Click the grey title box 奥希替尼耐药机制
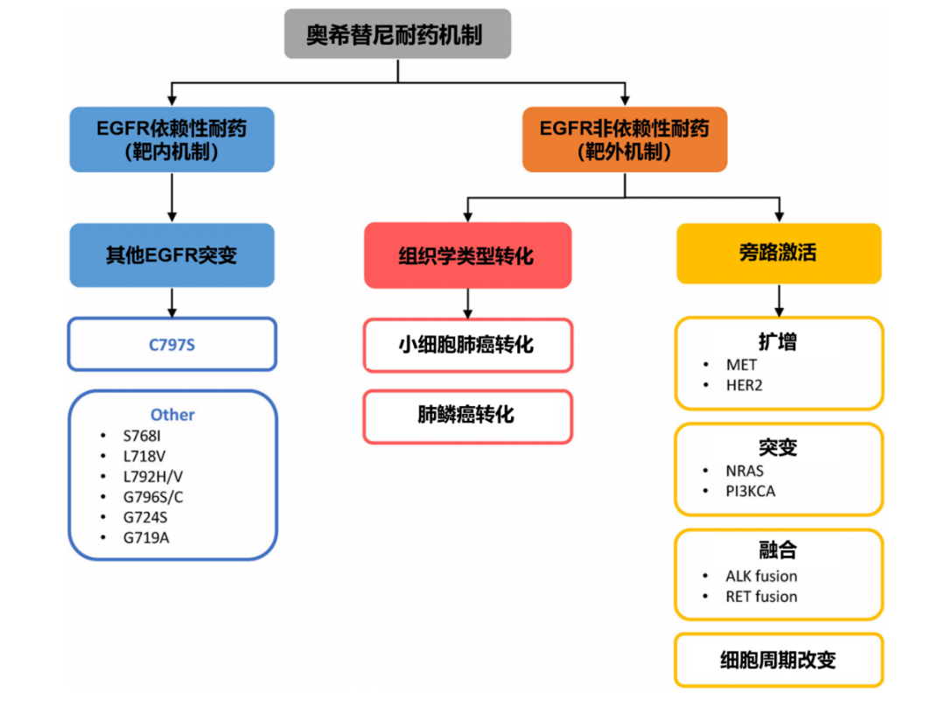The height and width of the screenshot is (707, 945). [397, 34]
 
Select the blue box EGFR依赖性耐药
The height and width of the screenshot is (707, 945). [171, 139]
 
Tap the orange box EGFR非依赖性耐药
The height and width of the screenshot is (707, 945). [624, 139]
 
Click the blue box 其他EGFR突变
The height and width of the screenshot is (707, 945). [171, 255]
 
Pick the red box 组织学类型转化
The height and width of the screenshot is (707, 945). [467, 255]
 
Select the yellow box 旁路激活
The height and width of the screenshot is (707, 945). [779, 253]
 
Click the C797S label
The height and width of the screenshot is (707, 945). [171, 345]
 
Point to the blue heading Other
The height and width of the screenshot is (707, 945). [172, 415]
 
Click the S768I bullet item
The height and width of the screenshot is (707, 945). [143, 435]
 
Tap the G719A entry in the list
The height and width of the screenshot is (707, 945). [146, 537]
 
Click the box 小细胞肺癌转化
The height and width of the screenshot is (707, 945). [467, 345]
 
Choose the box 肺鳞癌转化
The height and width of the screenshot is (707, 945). [467, 416]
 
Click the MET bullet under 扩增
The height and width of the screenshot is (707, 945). [741, 365]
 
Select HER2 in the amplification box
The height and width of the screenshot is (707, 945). [744, 385]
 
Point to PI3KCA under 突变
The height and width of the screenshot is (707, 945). [750, 491]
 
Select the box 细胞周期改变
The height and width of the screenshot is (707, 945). [779, 660]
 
